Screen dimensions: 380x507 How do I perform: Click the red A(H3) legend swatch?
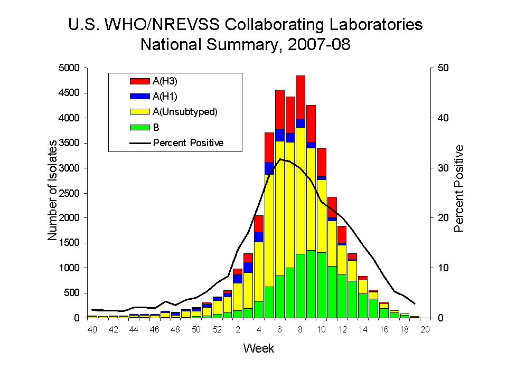click(x=140, y=81)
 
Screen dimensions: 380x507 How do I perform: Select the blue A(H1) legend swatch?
click(x=140, y=97)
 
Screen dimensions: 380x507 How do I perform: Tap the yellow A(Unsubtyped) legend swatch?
click(x=140, y=112)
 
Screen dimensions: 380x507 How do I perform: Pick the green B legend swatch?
click(x=140, y=127)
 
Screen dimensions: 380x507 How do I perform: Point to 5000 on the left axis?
click(x=68, y=68)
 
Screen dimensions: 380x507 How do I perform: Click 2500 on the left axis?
click(x=68, y=193)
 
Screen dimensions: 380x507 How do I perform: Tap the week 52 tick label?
click(x=217, y=330)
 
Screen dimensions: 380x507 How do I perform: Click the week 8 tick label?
click(x=301, y=330)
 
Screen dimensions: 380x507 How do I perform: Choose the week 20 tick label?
click(x=425, y=330)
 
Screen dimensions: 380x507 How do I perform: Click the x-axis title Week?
click(x=258, y=348)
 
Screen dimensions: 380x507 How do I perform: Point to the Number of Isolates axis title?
click(x=52, y=193)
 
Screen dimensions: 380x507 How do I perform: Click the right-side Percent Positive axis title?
click(x=459, y=188)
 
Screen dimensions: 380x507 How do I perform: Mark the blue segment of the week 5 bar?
click(x=269, y=168)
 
